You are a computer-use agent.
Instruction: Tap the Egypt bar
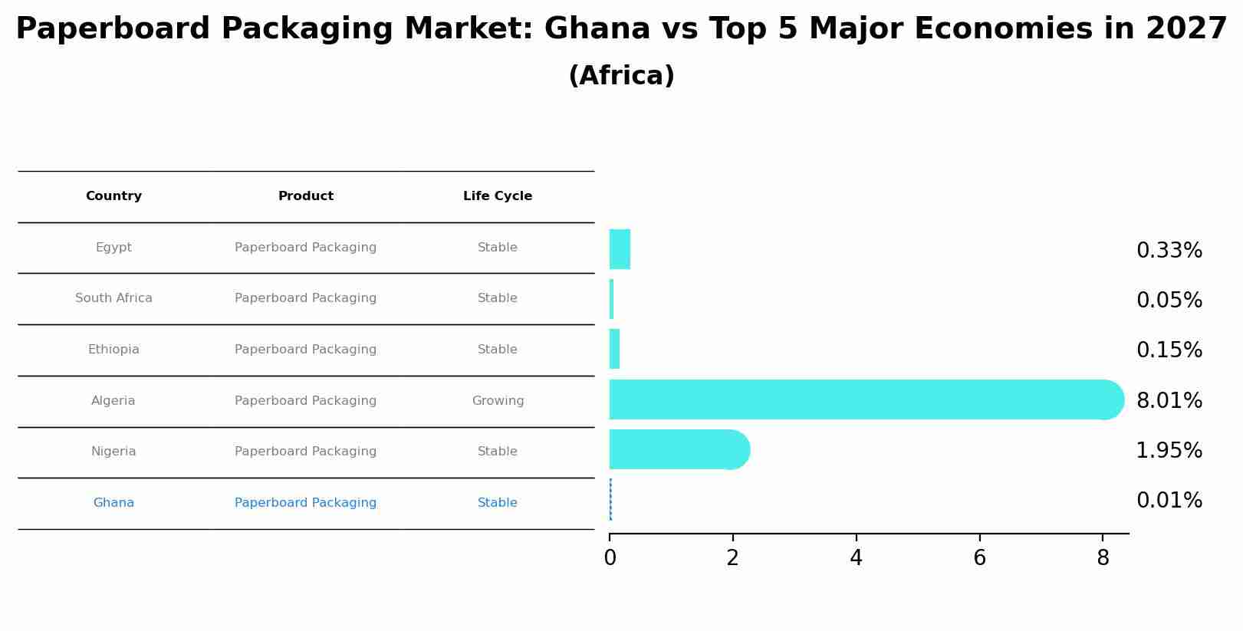[620, 249]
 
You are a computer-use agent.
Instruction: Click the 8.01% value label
[1169, 400]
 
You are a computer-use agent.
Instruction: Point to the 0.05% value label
[1169, 300]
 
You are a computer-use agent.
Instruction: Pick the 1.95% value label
[1169, 450]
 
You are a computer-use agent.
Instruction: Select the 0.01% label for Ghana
[1169, 500]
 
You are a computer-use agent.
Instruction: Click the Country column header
[113, 196]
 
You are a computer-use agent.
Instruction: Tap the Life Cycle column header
[497, 196]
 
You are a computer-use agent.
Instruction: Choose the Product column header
[305, 196]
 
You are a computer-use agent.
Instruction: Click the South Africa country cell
[113, 298]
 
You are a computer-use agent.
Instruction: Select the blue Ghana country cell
[113, 503]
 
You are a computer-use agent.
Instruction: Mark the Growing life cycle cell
[498, 401]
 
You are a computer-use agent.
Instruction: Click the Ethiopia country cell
[113, 350]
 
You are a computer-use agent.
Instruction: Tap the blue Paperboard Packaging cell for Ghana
[305, 503]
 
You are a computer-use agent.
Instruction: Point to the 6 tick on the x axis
[979, 558]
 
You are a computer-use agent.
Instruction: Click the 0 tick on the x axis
[610, 558]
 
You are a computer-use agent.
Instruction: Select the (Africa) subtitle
[621, 76]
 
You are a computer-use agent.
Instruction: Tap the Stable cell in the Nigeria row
[497, 452]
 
